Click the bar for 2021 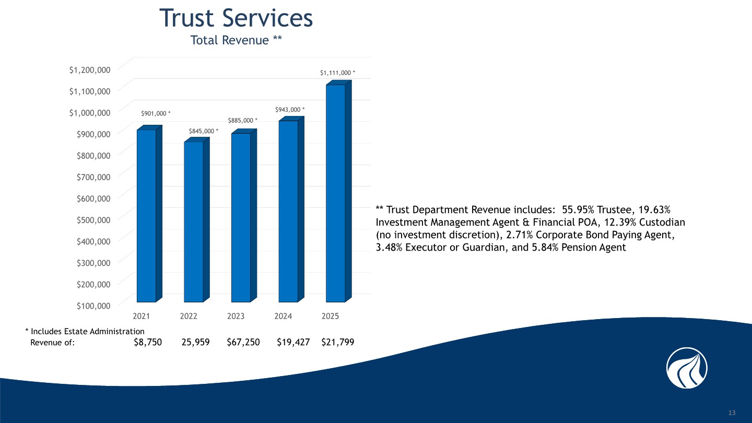[146, 215]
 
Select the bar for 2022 [193, 221]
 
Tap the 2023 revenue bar [241, 217]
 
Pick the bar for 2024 [288, 211]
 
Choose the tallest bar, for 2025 [335, 193]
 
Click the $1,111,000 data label [338, 74]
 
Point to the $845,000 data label [204, 131]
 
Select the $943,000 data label [290, 110]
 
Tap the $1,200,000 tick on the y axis [90, 69]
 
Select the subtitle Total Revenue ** [237, 40]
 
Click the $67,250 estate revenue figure [243, 342]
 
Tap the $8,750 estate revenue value [148, 342]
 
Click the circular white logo [687, 368]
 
